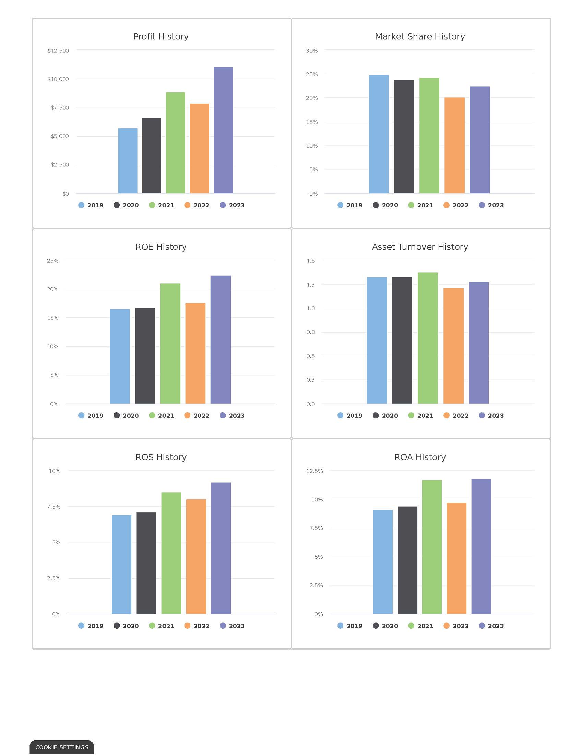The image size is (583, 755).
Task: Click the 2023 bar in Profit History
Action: pos(224,130)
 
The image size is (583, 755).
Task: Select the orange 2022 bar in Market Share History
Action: pos(454,145)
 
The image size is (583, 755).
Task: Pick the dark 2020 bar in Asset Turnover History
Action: pos(402,340)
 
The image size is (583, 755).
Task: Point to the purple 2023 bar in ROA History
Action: pos(481,546)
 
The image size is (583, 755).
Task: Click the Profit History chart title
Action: pos(161,36)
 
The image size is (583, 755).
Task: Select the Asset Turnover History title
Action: pos(420,247)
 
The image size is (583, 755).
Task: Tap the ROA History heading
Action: pos(420,457)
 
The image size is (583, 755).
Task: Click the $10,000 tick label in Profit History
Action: pos(58,79)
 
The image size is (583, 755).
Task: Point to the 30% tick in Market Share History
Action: pos(311,50)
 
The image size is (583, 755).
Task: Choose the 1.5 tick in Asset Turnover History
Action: pos(310,261)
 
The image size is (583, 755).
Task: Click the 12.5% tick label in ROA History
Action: pos(314,471)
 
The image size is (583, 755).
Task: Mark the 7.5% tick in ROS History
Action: pos(53,507)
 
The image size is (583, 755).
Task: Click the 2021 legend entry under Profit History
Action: pos(162,205)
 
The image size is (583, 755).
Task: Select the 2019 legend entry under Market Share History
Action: pos(350,205)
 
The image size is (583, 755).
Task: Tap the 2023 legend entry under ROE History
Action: pos(232,416)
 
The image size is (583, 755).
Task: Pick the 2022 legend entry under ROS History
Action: pos(197,626)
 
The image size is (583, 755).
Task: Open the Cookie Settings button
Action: pos(62,747)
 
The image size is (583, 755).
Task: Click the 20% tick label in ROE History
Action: pos(52,289)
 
